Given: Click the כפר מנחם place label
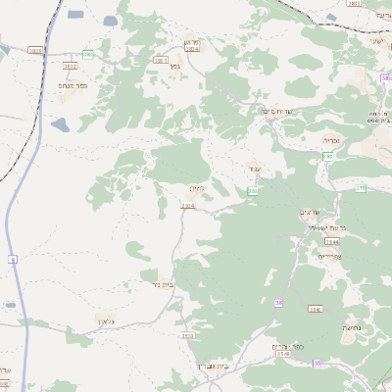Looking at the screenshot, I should point(73,86).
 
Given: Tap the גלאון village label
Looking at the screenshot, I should point(106,320).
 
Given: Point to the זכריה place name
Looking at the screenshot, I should point(332,140).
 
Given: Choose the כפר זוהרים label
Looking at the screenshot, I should point(291,347).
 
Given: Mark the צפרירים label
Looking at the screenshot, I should point(328,256).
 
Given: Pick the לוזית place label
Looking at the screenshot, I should point(194,187).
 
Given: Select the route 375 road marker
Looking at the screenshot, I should point(360,187).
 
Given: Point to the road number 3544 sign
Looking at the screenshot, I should point(332,240).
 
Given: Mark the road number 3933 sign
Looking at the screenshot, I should point(36,50).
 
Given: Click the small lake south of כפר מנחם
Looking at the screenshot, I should point(61,124).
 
